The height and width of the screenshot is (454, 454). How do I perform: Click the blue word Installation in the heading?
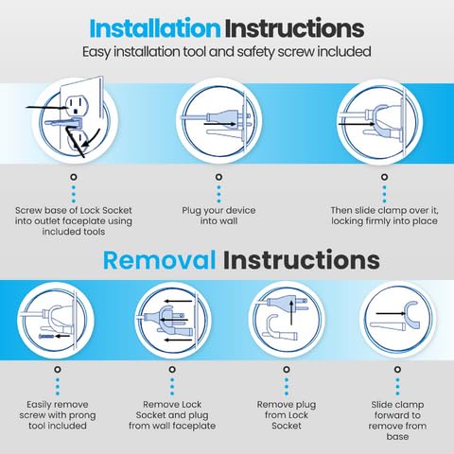tap(155, 28)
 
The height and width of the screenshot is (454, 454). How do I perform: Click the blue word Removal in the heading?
tap(160, 260)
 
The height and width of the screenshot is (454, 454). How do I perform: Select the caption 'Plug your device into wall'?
tap(218, 216)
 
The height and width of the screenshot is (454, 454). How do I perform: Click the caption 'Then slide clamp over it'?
tap(384, 210)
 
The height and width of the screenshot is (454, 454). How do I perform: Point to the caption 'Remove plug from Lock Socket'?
tap(287, 415)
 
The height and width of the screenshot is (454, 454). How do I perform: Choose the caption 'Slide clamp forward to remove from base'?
tap(397, 420)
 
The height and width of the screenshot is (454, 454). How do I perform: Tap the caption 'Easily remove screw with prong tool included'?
tap(58, 415)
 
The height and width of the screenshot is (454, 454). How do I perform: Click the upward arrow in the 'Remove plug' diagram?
tap(291, 312)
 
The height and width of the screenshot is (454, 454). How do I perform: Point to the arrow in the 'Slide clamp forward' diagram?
tap(391, 313)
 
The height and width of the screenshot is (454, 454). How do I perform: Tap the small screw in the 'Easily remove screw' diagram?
tap(46, 337)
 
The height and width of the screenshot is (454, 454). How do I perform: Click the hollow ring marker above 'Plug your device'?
tap(218, 177)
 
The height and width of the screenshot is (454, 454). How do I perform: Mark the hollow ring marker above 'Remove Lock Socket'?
tap(172, 369)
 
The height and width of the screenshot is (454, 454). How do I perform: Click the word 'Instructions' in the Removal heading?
tap(301, 260)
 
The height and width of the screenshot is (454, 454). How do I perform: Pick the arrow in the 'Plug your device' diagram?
tap(219, 124)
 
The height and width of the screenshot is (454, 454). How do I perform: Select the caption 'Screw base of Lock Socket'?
tap(74, 210)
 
